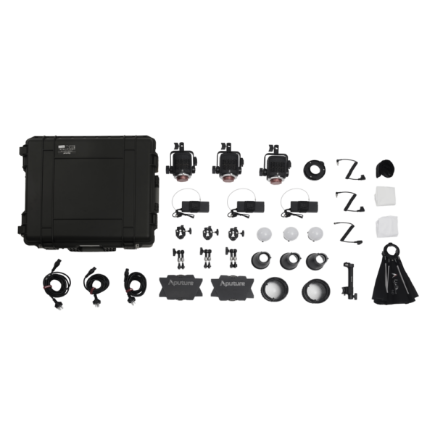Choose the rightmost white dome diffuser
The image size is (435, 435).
point(315,235)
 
